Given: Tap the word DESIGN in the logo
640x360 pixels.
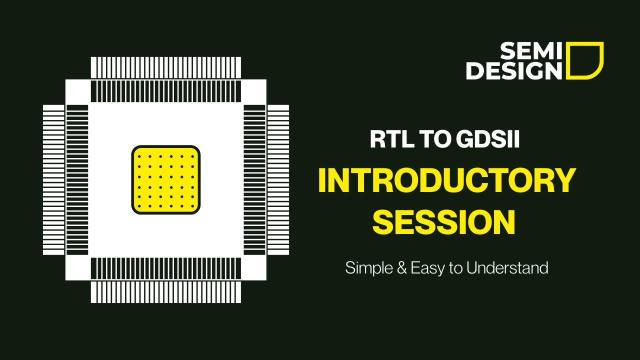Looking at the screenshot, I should tap(514, 70).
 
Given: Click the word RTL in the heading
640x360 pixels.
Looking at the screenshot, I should tap(390, 139).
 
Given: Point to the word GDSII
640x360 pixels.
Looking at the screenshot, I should tap(488, 139).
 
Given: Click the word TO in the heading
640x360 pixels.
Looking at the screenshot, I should tap(433, 139).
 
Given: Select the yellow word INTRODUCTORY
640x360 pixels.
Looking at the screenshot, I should tap(446, 181).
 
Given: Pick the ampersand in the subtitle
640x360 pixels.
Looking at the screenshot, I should tap(400, 268).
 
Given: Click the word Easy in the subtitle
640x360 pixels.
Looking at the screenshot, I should tap(427, 268).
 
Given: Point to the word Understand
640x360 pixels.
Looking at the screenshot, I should tap(507, 268).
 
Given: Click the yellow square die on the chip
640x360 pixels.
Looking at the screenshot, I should tap(166, 180).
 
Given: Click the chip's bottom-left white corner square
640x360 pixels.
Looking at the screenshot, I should tap(77, 268).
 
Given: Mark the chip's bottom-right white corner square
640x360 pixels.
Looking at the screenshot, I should tap(254, 268).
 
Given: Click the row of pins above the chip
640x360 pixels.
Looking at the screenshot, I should tap(166, 67).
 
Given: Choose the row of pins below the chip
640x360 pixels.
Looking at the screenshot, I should tap(166, 292).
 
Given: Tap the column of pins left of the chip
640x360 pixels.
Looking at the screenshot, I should tap(53, 180).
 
